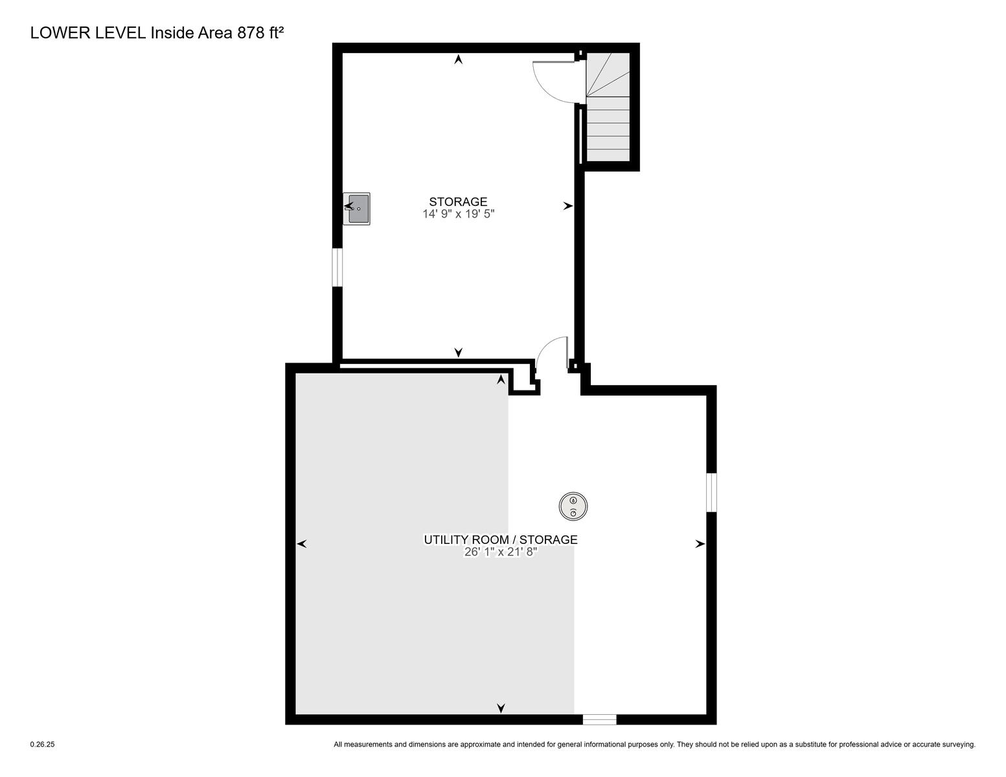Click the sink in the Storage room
point(356,208)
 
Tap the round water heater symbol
point(573,506)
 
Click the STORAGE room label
point(458,202)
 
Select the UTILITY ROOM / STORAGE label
point(501,539)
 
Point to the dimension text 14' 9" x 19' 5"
point(459,214)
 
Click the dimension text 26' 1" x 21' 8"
point(501,552)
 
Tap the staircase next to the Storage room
point(608,107)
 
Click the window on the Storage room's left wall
point(337,267)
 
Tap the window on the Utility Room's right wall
point(711,492)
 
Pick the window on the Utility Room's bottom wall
point(599,719)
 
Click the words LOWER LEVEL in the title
point(88,33)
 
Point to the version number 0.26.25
point(42,745)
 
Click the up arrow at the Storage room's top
point(459,59)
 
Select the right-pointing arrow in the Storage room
point(568,206)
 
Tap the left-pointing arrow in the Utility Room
point(301,544)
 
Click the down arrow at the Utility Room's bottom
point(501,708)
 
